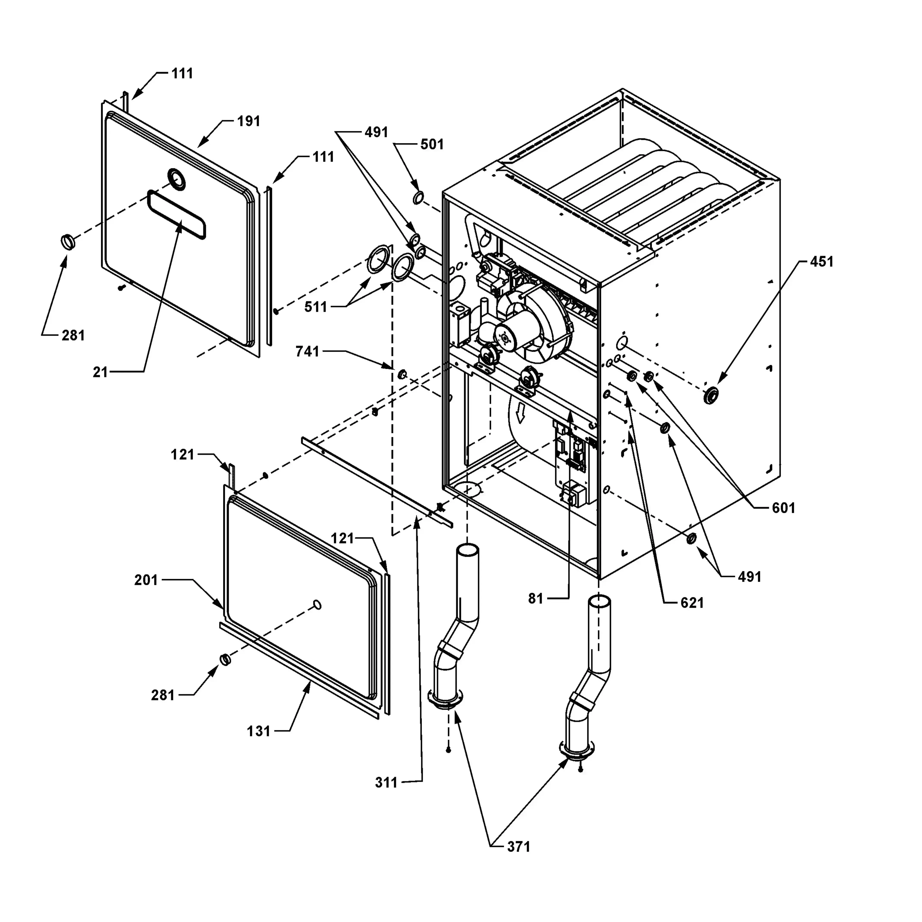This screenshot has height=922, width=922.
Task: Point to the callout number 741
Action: pyautogui.click(x=307, y=352)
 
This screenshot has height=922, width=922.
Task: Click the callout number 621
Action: pyautogui.click(x=692, y=603)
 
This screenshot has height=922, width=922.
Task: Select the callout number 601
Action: pyautogui.click(x=784, y=508)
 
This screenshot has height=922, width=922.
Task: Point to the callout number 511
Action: pyautogui.click(x=316, y=307)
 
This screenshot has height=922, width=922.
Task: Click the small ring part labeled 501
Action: pyautogui.click(x=418, y=198)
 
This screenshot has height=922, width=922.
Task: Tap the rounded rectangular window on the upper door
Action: pyautogui.click(x=177, y=214)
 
